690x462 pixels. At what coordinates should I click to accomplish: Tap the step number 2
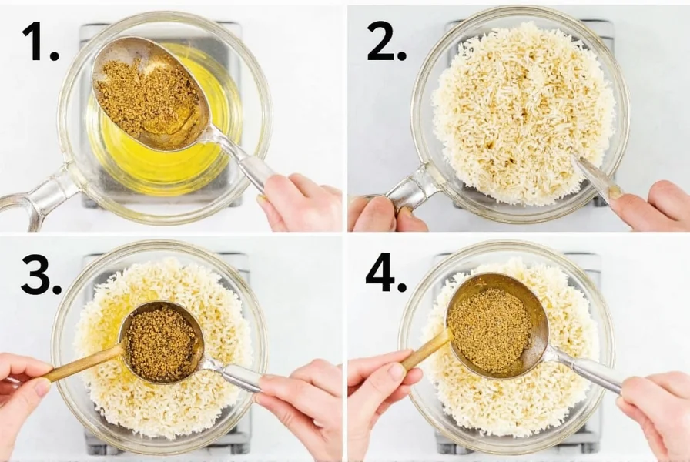pyautogui.click(x=386, y=42)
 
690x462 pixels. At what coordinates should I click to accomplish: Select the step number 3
pyautogui.click(x=41, y=276)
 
